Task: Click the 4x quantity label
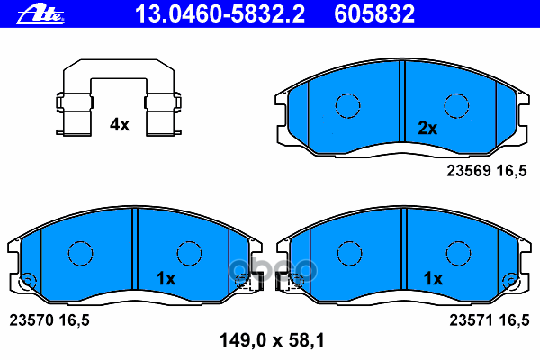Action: click(x=120, y=125)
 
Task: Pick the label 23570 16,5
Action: click(x=49, y=318)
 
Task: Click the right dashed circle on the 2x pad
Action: click(x=456, y=105)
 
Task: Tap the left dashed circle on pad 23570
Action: click(x=82, y=254)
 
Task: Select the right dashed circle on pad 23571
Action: click(x=456, y=254)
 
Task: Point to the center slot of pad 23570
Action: click(x=135, y=253)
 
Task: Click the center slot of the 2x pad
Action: click(x=401, y=104)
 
